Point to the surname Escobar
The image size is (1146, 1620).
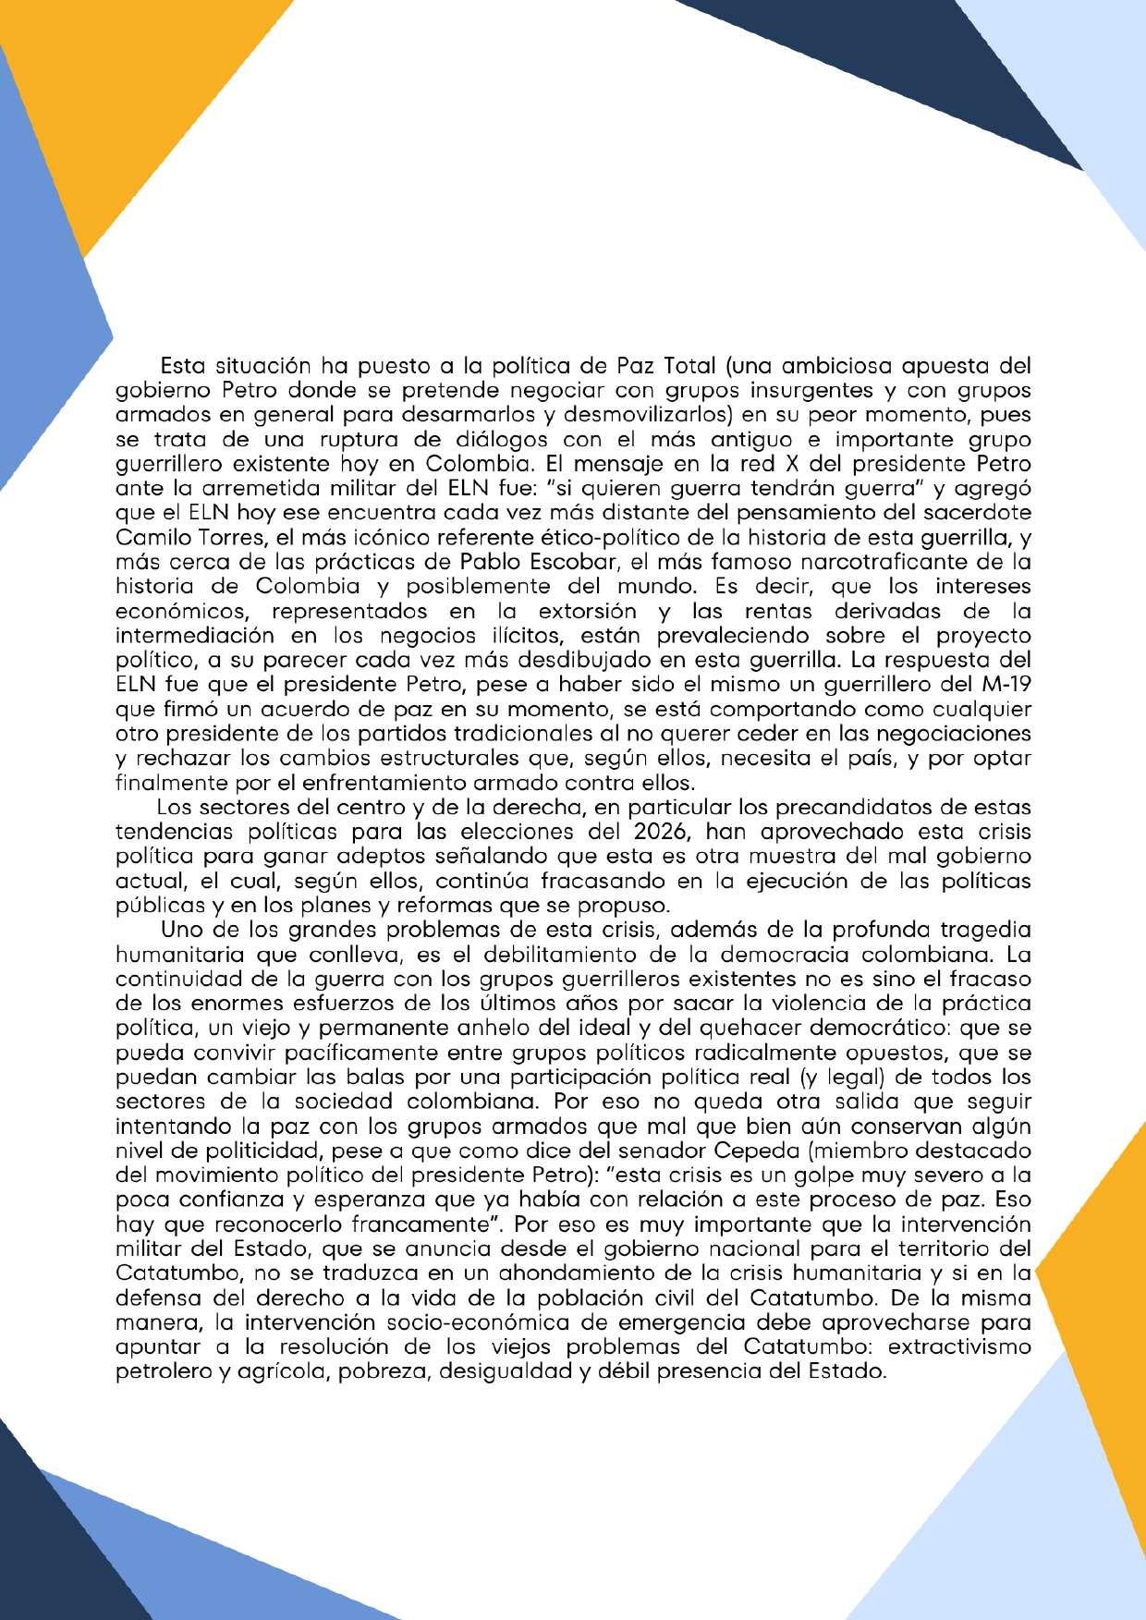tap(555, 562)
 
